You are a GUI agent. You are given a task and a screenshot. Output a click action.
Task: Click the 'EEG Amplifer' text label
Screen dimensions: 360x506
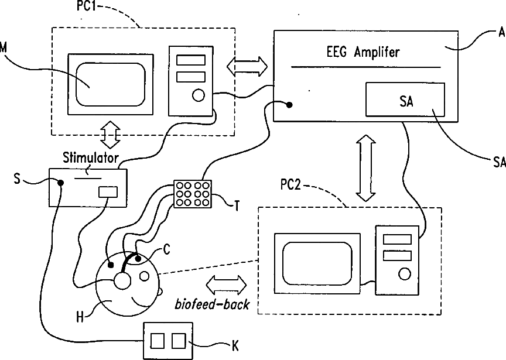(363, 52)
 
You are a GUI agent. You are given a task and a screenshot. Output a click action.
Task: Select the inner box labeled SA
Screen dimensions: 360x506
(405, 100)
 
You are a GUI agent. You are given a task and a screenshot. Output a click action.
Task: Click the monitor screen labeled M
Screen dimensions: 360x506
(111, 85)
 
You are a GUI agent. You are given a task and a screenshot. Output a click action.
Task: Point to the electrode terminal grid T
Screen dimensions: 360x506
(192, 193)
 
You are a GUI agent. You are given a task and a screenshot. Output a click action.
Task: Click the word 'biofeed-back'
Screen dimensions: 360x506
(211, 304)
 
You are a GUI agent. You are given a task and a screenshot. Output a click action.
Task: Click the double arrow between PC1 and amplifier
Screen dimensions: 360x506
(247, 66)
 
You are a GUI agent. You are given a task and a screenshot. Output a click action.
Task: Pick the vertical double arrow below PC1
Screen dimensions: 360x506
(110, 136)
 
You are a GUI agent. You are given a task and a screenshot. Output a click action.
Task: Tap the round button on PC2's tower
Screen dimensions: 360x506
(404, 273)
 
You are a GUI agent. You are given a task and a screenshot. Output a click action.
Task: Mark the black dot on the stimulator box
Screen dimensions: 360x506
(60, 183)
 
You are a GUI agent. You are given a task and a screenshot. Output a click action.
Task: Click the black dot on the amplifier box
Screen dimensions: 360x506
(289, 105)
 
